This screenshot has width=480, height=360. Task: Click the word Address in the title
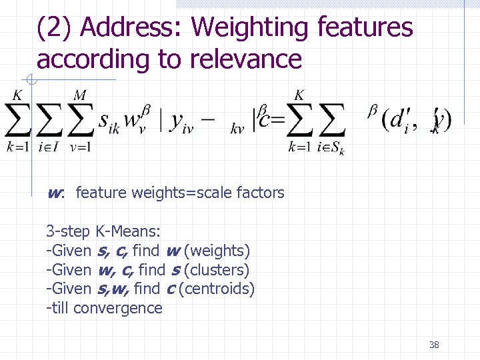click(x=130, y=28)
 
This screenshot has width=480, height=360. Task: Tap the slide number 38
click(x=434, y=345)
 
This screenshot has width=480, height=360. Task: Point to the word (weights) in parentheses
click(x=217, y=251)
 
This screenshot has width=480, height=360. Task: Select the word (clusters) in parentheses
click(x=217, y=270)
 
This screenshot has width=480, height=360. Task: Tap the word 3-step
click(x=68, y=232)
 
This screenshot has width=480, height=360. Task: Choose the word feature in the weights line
click(x=101, y=193)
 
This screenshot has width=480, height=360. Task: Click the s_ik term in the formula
click(x=109, y=122)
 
